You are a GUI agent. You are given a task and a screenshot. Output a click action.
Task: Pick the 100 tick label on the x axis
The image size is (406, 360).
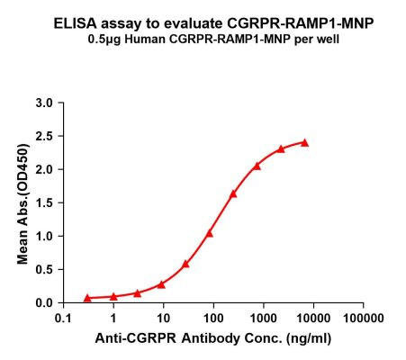point(212,319)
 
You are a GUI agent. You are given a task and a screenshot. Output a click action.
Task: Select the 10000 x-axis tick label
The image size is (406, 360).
point(312,319)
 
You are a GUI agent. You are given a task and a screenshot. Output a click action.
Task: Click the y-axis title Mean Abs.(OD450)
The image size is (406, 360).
point(21,202)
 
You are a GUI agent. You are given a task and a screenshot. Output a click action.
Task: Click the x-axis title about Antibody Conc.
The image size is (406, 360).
point(212,341)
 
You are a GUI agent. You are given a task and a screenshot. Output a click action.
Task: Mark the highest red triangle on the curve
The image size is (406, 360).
point(304,142)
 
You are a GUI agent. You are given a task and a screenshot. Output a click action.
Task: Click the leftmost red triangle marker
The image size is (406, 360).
point(87,297)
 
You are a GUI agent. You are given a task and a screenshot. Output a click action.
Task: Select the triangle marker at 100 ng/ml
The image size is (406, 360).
point(210,233)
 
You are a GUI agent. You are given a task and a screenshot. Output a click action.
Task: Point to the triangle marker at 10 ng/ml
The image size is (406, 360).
point(161,283)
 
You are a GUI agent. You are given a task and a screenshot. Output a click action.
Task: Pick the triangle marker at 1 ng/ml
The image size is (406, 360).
point(113,295)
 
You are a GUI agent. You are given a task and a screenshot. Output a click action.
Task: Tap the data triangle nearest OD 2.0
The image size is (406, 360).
point(257,165)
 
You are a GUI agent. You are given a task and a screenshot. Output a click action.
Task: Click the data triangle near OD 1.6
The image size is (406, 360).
point(233,193)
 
